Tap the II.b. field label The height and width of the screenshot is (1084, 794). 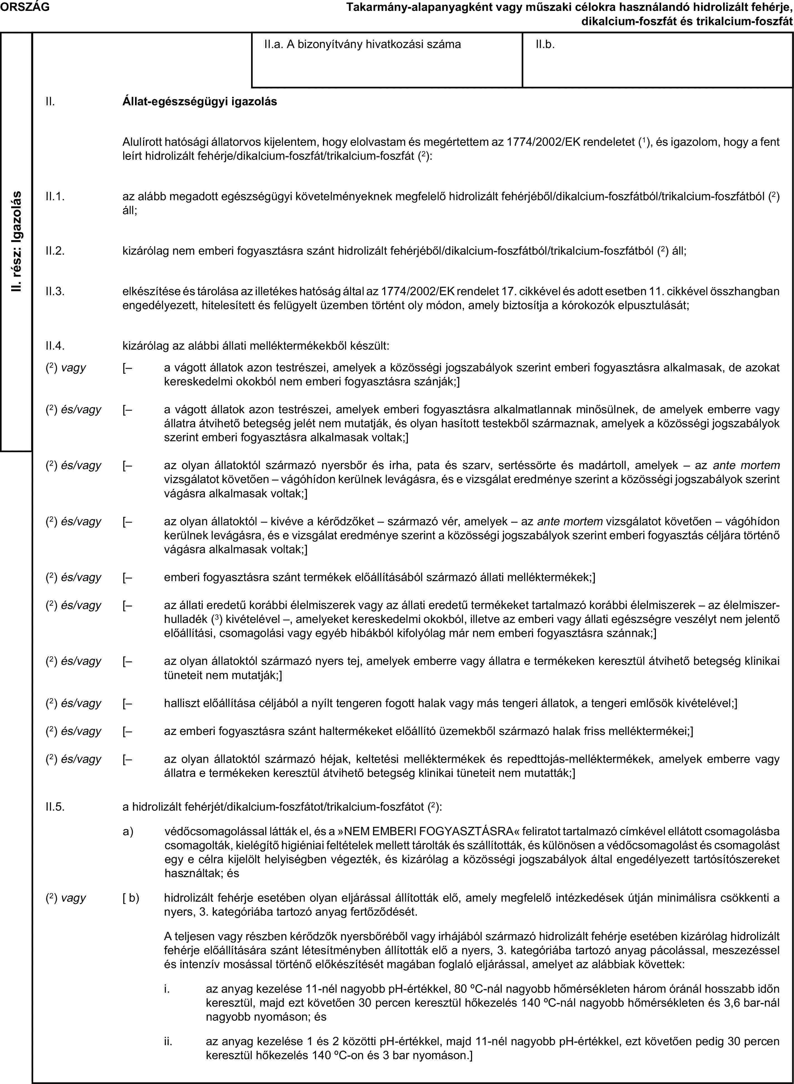point(545,45)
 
